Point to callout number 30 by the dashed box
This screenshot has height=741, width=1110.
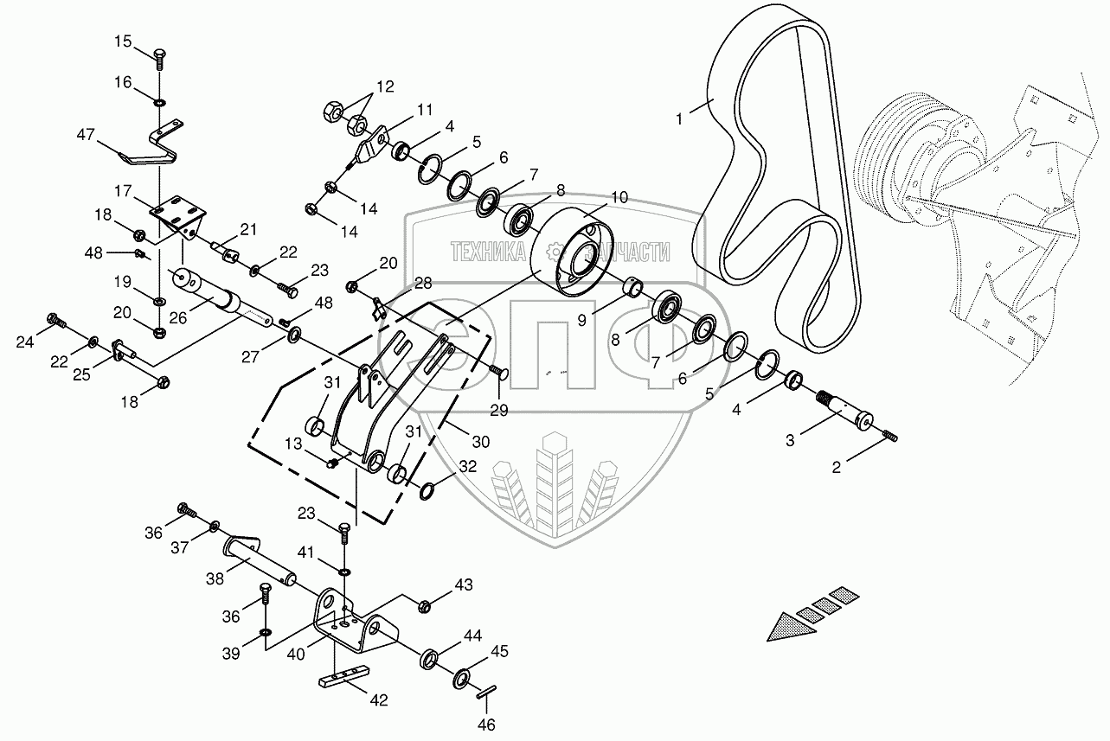click(480, 441)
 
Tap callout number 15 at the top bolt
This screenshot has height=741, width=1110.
click(125, 41)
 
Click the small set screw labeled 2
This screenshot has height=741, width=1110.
click(889, 437)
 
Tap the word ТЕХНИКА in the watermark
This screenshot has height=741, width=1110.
click(489, 251)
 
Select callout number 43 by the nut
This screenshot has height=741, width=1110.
click(465, 585)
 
